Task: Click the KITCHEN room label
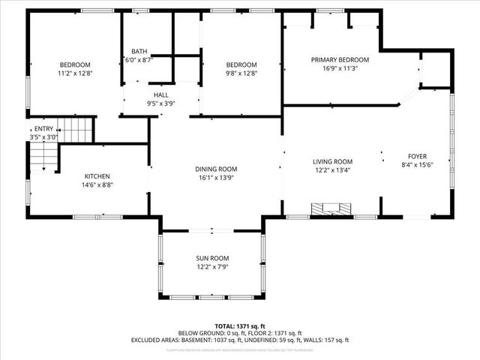97,175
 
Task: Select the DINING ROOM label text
216,169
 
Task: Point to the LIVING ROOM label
332,161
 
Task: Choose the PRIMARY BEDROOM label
340,59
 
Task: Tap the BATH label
139,51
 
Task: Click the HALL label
160,95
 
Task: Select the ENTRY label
43,129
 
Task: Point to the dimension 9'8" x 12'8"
241,73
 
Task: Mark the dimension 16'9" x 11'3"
340,68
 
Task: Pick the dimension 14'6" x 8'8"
97,184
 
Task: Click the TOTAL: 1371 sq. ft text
239,325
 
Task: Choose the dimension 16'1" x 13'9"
216,178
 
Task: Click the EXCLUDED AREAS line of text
239,340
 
